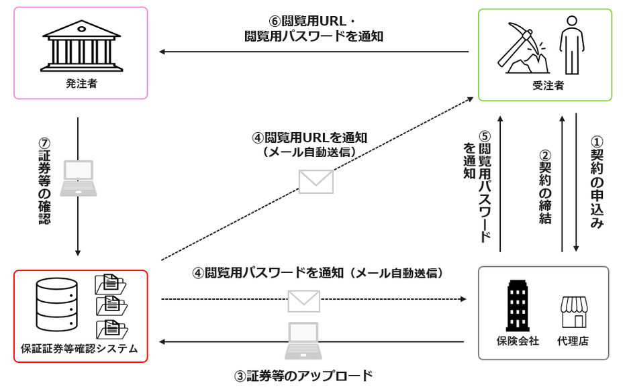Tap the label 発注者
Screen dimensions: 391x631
tap(80, 85)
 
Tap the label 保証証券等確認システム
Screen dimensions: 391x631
tap(79, 348)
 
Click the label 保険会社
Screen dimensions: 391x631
tap(517, 341)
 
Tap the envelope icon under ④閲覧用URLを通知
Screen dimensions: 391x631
tap(316, 182)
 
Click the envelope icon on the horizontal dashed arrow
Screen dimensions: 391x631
tap(303, 300)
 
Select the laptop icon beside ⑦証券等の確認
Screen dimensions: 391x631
tap(78, 178)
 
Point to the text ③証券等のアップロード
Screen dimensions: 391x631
tap(303, 376)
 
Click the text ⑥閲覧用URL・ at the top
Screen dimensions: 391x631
tap(313, 19)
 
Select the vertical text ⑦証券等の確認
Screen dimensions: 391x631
tap(45, 182)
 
